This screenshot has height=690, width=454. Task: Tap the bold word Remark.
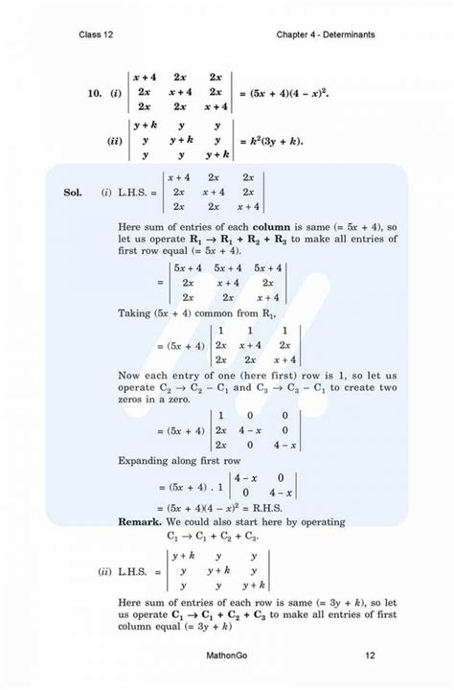pos(145,521)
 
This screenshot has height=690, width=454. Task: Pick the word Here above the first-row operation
pos(133,227)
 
